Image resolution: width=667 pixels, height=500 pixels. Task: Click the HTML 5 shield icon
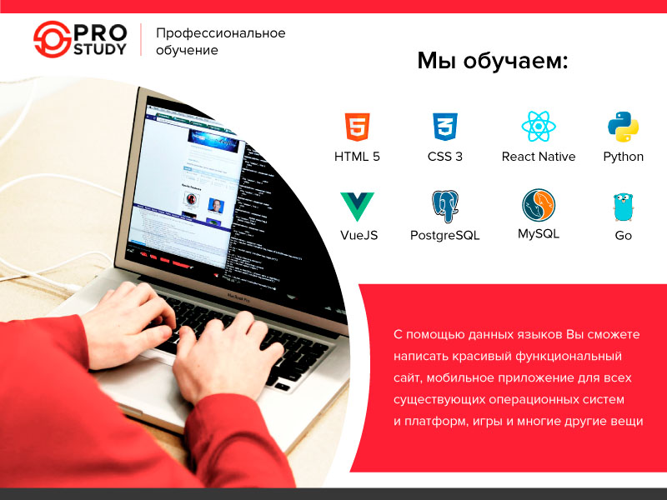357,127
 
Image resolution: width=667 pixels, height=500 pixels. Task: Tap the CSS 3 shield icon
444,127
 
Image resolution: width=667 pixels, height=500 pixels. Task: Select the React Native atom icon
539,127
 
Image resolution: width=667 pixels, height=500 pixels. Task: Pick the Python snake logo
623,127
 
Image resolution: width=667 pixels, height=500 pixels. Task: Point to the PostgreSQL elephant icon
444,206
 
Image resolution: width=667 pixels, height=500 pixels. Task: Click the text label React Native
539,157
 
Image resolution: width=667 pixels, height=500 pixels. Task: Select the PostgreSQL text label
444,236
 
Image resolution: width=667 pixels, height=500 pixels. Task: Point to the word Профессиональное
221,33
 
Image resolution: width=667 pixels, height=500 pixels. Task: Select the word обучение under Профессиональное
188,51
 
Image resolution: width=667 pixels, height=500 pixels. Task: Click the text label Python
623,157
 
